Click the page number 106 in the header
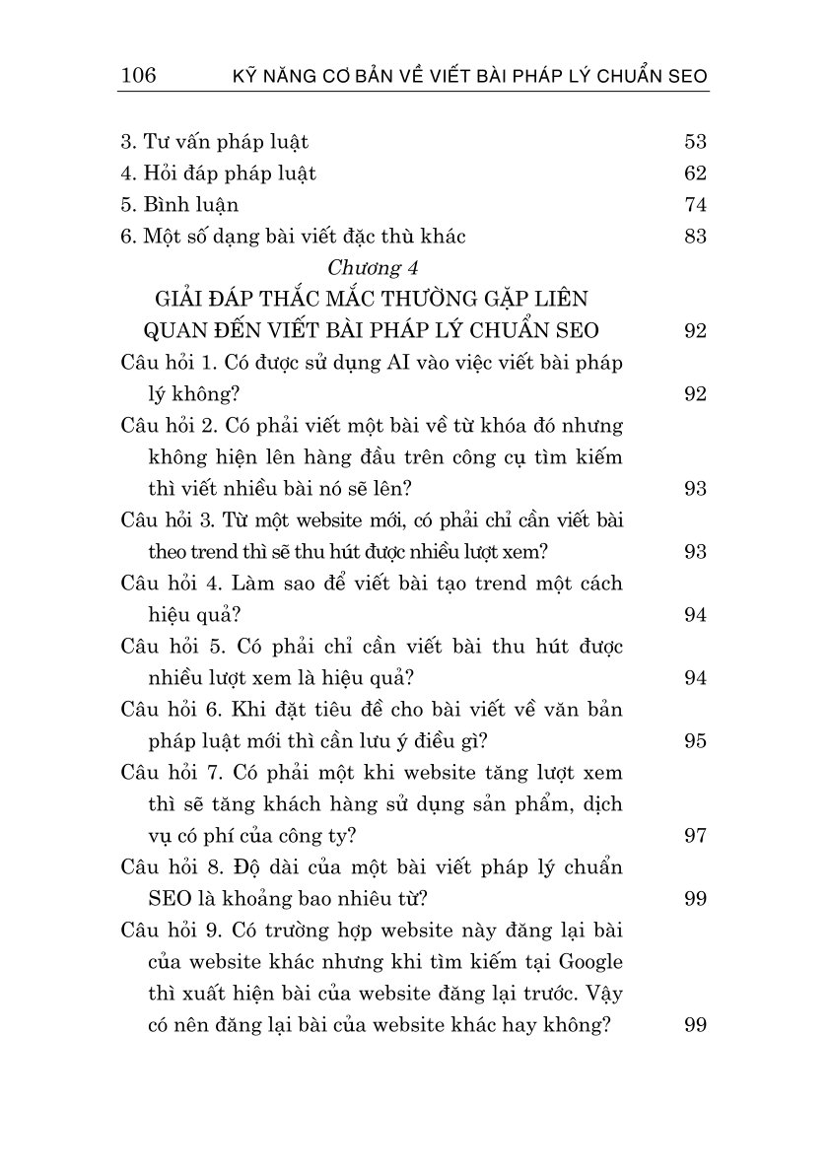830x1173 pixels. (138, 76)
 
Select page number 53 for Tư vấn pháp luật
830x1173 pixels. (695, 141)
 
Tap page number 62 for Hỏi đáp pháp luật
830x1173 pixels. (695, 172)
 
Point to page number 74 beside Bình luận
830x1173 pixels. (695, 204)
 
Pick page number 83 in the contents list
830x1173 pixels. (695, 236)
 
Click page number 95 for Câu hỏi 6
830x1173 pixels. (695, 740)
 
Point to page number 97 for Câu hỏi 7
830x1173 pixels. (695, 835)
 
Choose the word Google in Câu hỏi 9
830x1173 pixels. (592, 961)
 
